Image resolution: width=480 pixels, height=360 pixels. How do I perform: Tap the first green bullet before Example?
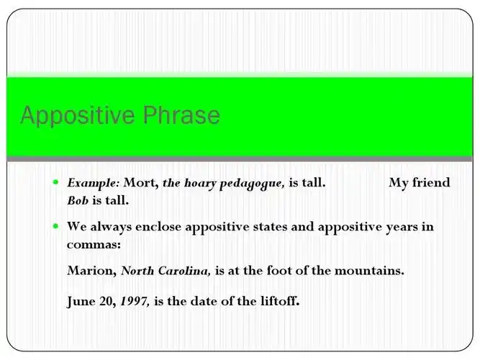55,182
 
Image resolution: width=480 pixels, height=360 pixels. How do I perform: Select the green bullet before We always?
55,226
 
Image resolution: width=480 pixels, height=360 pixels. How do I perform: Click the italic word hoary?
201,183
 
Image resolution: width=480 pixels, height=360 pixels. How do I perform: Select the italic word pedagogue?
255,184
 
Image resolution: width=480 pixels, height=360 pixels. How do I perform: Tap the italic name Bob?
78,200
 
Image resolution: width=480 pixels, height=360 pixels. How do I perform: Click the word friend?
431,183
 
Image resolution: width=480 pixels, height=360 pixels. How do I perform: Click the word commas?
94,245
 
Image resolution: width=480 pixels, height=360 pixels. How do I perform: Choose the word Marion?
91,271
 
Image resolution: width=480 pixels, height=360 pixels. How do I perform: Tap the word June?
81,301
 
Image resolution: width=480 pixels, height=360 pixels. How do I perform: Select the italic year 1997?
135,301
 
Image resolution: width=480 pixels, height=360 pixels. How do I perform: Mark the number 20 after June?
107,301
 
